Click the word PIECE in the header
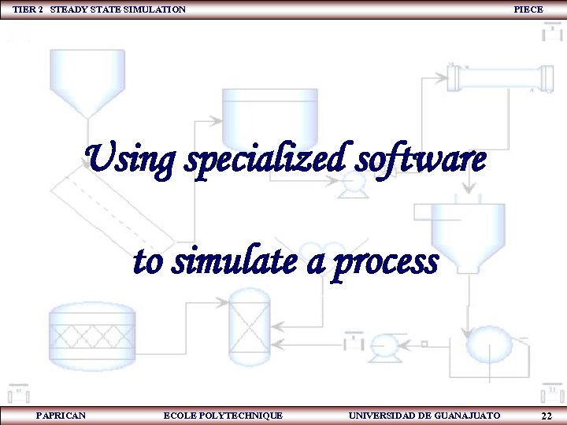point(528,9)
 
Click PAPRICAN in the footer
point(61,415)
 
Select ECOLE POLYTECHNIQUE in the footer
point(223,415)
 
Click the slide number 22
point(546,415)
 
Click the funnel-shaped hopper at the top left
point(87,79)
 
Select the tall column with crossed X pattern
point(249,323)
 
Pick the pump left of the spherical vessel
point(384,344)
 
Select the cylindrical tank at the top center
point(269,114)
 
